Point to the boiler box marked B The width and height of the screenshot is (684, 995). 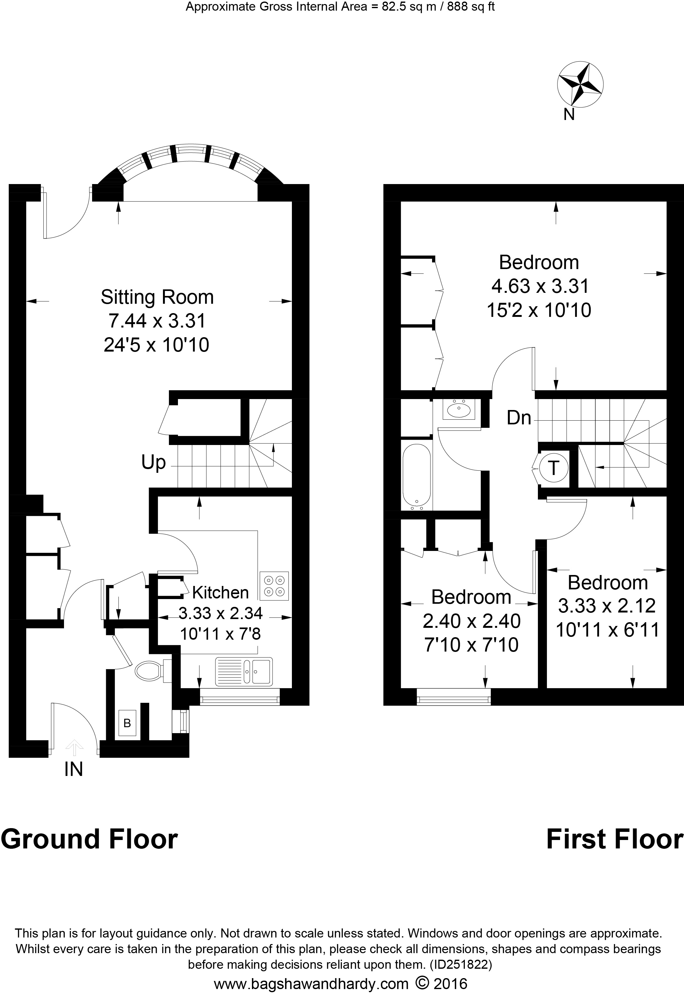click(x=127, y=723)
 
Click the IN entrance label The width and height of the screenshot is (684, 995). click(x=74, y=769)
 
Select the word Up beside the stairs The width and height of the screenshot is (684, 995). click(x=153, y=462)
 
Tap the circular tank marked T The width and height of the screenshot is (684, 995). click(x=554, y=467)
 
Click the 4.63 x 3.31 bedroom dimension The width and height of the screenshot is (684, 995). click(x=539, y=286)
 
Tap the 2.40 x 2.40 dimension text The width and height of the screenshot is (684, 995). click(x=471, y=621)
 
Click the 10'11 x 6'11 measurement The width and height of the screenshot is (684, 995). click(x=607, y=630)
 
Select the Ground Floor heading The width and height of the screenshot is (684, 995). click(x=89, y=839)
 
